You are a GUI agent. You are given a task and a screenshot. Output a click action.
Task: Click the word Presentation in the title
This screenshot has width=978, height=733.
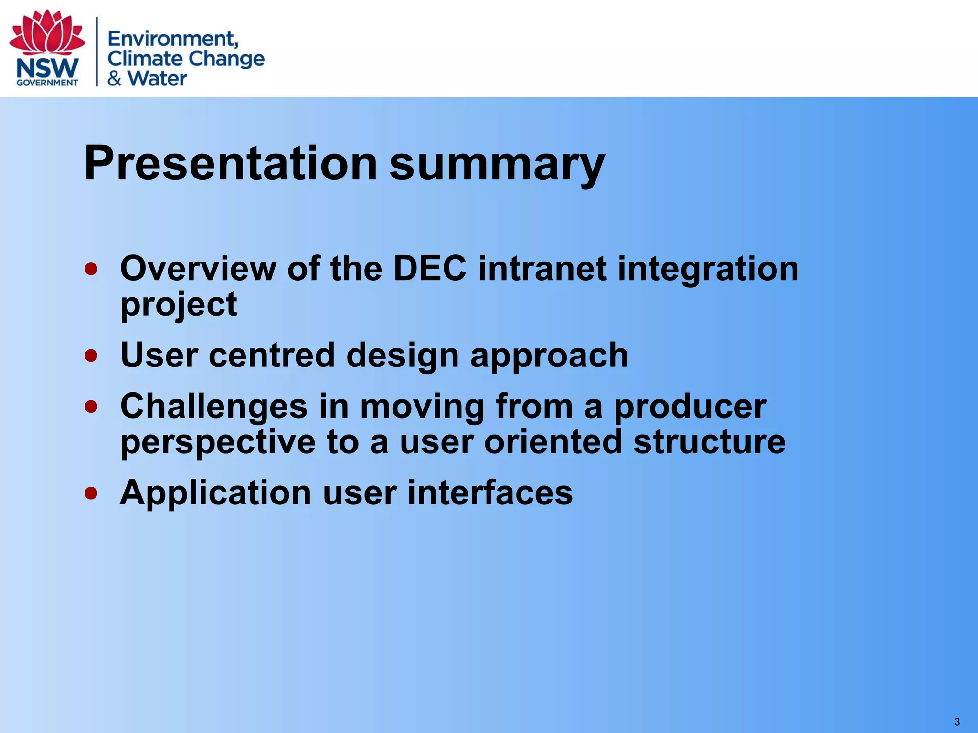pos(230,164)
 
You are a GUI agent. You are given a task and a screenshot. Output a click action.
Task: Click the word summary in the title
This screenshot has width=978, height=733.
pos(497,164)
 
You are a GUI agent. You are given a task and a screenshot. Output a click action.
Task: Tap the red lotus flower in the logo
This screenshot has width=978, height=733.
pos(47,32)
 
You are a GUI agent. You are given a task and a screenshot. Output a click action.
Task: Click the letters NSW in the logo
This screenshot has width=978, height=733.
pos(47,69)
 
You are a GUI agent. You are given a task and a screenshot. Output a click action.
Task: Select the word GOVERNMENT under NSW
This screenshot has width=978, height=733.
pos(47,83)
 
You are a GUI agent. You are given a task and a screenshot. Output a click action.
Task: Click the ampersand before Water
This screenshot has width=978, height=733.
pos(115,78)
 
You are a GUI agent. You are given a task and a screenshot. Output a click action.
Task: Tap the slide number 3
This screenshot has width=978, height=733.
pos(957,722)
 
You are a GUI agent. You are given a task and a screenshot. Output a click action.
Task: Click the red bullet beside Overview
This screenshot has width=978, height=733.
pos(91,270)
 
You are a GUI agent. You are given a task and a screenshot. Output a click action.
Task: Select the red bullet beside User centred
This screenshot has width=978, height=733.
pos(91,356)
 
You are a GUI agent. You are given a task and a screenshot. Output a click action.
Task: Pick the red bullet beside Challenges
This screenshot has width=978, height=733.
pos(91,407)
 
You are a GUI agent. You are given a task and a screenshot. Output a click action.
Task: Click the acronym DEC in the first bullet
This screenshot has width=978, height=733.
pos(429,269)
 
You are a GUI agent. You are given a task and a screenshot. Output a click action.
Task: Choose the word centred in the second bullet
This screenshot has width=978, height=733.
pos(272,356)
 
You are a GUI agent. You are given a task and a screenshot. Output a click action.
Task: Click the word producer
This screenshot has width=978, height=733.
pos(690,407)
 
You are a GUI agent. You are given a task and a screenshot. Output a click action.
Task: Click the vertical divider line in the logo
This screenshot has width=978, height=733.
pos(97,52)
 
